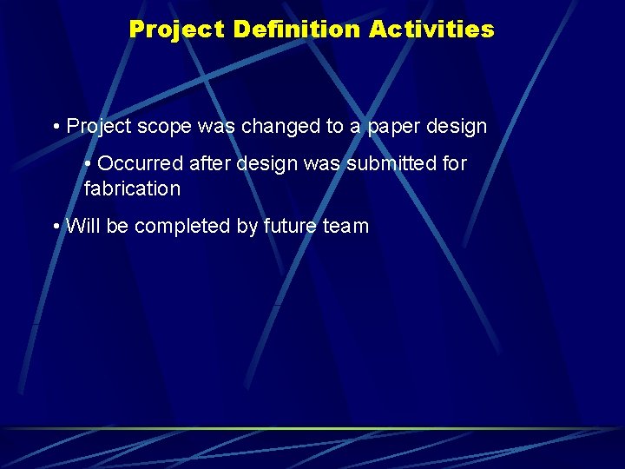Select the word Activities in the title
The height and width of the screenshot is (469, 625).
(431, 30)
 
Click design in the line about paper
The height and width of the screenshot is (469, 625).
(457, 127)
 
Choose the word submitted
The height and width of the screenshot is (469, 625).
(397, 164)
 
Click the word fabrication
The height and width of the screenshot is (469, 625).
(132, 188)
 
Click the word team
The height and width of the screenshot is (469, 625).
(347, 227)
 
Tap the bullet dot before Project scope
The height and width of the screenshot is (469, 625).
(56, 127)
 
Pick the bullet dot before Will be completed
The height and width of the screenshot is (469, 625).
(56, 227)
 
